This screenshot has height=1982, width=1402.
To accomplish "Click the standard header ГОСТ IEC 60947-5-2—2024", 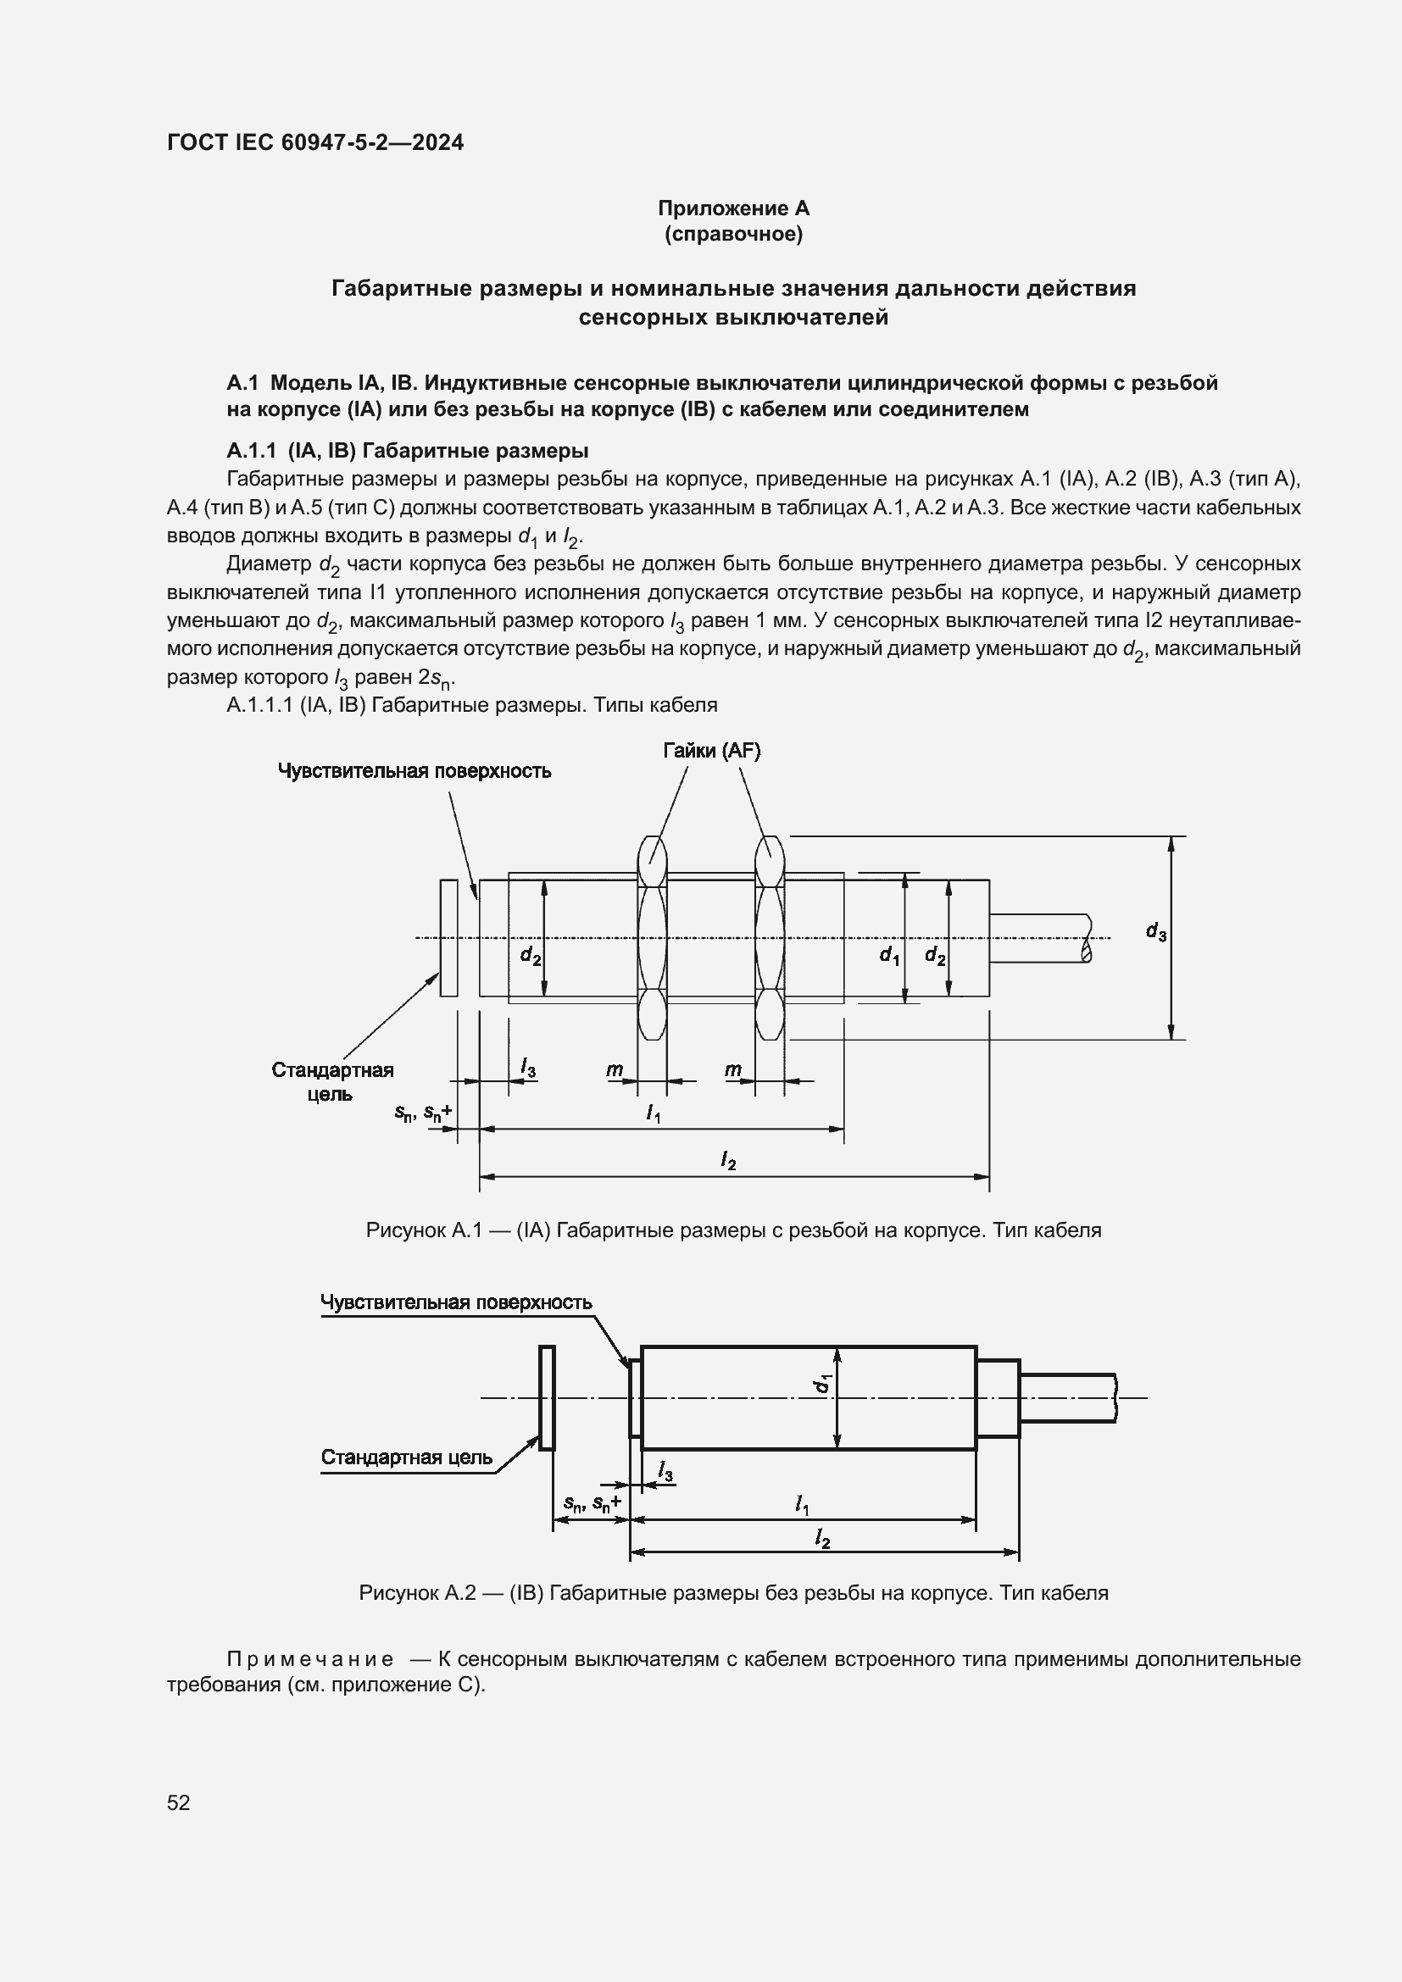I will [315, 142].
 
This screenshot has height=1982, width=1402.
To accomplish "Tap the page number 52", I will [179, 1802].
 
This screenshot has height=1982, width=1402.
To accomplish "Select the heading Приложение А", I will [733, 208].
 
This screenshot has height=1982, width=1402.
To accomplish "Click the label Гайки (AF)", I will [711, 751].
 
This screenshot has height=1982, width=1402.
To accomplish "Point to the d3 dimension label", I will [1156, 931].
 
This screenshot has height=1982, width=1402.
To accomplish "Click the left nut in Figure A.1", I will [652, 937].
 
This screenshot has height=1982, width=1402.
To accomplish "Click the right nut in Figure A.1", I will [769, 937].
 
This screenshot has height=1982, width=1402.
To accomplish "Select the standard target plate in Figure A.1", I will [448, 937].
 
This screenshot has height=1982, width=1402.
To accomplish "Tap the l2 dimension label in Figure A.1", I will [729, 1161].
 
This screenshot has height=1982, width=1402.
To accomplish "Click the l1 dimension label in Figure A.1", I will [654, 1114].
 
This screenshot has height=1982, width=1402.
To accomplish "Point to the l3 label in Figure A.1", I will [527, 1069].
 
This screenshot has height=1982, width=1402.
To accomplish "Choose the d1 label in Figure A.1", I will [889, 955].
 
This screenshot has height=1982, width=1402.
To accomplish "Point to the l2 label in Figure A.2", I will [823, 1538].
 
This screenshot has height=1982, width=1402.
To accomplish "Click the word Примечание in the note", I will [310, 1659].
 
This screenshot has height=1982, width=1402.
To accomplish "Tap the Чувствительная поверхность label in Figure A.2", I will [456, 1302].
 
